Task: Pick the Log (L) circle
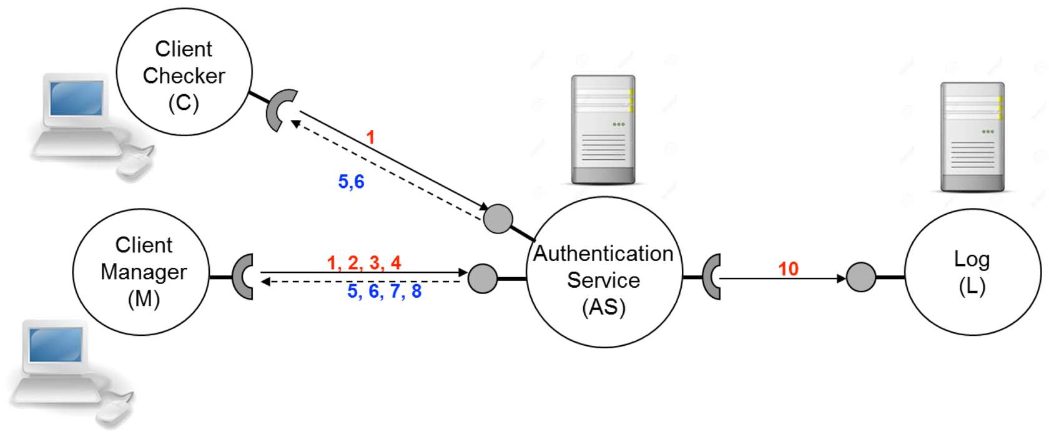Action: point(972,273)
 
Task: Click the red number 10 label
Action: point(788,268)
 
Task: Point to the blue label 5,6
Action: point(351,182)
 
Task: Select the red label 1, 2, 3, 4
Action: point(364,263)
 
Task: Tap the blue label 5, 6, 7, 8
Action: point(384,291)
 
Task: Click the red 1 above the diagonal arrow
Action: point(370,137)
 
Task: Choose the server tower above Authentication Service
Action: point(603,130)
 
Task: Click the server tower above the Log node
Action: point(972,137)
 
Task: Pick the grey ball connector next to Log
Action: point(860,277)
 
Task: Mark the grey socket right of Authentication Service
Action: point(712,277)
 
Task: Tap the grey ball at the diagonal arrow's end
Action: point(498,219)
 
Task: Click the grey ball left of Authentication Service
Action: point(482,278)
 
